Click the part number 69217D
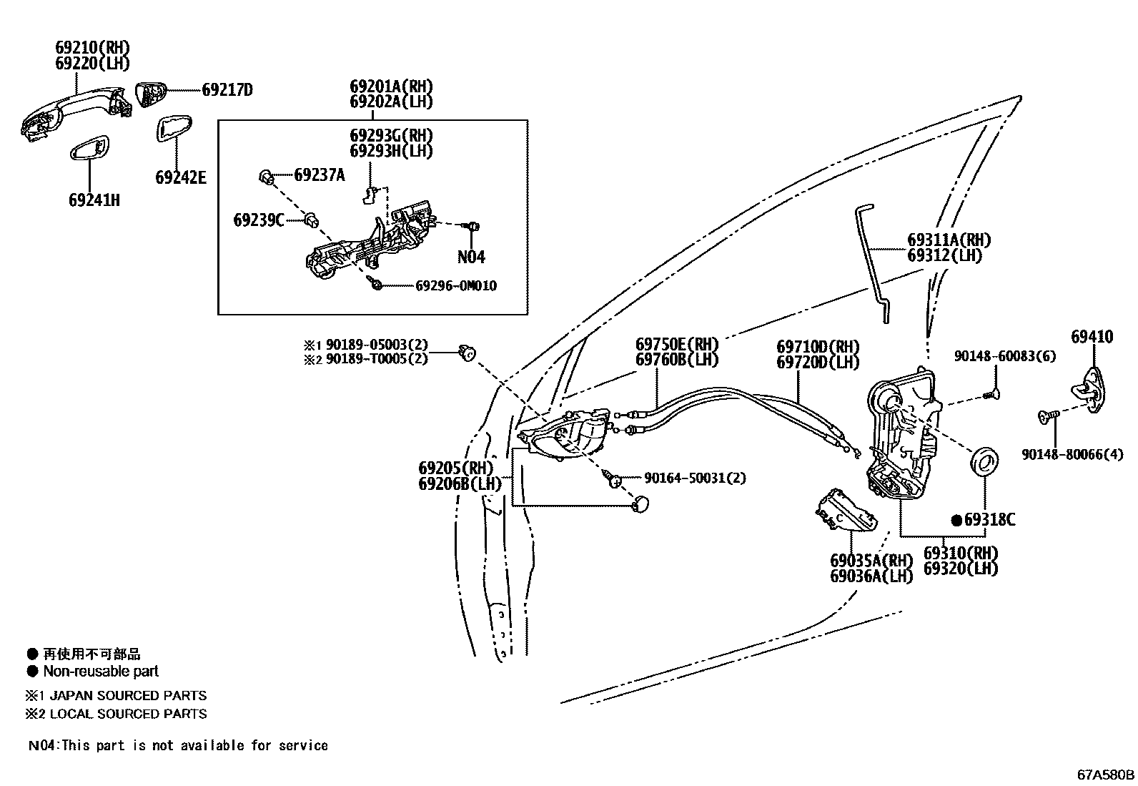tap(227, 90)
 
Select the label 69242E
tap(180, 177)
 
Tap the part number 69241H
tap(94, 200)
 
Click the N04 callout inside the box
tap(471, 257)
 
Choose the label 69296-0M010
tap(456, 286)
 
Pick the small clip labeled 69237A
tap(266, 175)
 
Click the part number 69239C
tap(258, 220)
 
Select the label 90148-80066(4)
tap(1072, 453)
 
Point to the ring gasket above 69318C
tap(985, 459)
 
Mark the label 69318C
tap(989, 520)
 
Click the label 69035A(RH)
tap(871, 560)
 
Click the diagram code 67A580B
tap(1105, 774)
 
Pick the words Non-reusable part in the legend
tap(101, 671)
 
